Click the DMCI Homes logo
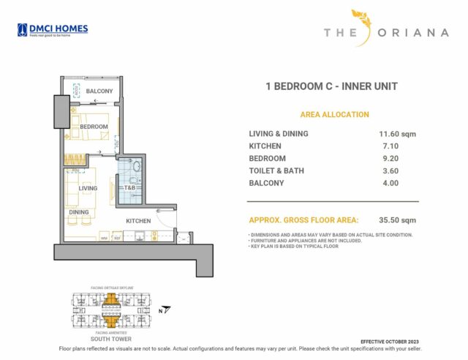(53, 30)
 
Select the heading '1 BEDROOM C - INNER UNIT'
(331, 86)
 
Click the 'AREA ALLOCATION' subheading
(334, 115)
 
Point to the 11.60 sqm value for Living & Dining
(393, 134)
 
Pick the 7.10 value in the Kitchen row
(388, 146)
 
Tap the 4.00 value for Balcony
(388, 184)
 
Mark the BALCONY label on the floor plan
(99, 91)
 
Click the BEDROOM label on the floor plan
(94, 127)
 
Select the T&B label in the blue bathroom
(129, 188)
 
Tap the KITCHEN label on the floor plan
(138, 220)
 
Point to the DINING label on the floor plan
(79, 213)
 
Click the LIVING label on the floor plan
(88, 188)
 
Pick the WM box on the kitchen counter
(104, 238)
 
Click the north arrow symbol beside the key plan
(167, 309)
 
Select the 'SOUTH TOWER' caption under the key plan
(110, 340)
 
